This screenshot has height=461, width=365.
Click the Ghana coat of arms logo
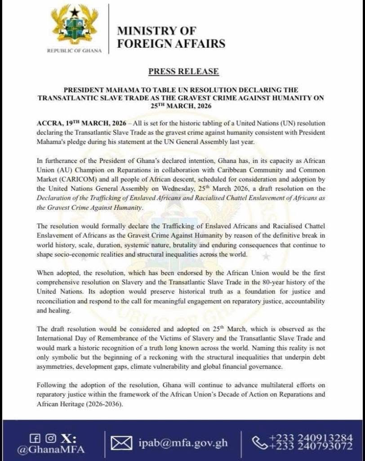click(x=74, y=25)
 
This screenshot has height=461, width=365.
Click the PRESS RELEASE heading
click(x=183, y=71)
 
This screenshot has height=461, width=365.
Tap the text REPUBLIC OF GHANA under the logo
click(x=75, y=51)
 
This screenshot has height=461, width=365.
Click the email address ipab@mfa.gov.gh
click(x=182, y=443)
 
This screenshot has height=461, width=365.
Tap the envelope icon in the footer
click(x=121, y=443)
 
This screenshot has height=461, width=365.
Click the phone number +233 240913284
click(x=311, y=438)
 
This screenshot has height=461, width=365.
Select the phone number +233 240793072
click(x=311, y=447)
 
